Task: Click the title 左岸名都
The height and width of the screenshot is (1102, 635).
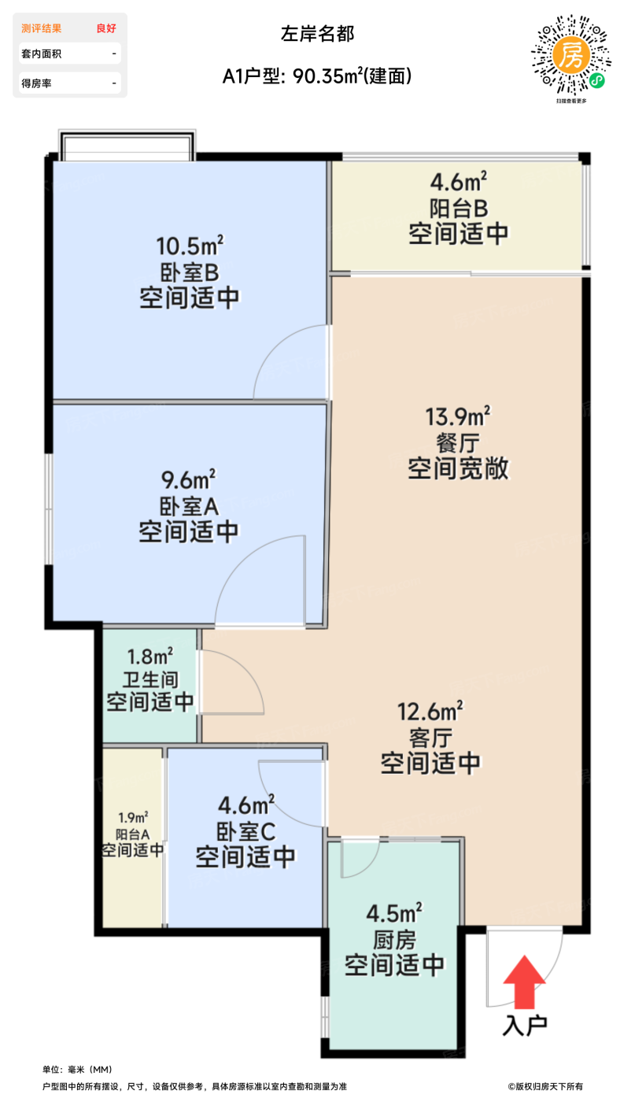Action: [317, 33]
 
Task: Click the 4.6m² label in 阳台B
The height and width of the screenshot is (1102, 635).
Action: [457, 183]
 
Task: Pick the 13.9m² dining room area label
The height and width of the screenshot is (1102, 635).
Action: [458, 414]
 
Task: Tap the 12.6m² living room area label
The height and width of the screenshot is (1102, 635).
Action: [430, 712]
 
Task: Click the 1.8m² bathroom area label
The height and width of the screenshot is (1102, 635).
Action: [150, 655]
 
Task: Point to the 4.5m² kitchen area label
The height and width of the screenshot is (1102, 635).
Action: [394, 913]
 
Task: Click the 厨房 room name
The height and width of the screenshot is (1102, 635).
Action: [394, 939]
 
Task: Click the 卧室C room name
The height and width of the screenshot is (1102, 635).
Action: [246, 830]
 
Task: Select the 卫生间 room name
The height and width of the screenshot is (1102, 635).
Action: [150, 679]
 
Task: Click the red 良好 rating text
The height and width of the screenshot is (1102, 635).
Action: [106, 28]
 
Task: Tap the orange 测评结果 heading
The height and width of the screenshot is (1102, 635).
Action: [42, 28]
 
